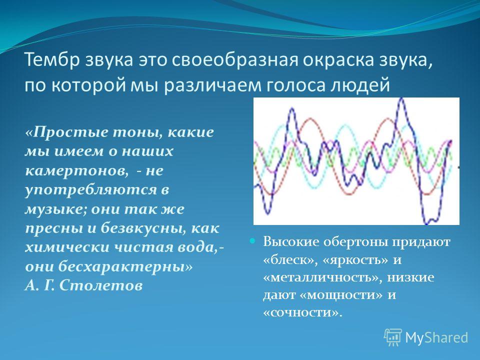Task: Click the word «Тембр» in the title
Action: (52, 59)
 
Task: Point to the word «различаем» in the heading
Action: (213, 85)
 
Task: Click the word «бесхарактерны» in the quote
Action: (122, 267)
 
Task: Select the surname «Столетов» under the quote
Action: (100, 286)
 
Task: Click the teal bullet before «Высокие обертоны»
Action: (252, 241)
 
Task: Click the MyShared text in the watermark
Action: (436, 337)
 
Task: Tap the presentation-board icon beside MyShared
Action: (393, 337)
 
